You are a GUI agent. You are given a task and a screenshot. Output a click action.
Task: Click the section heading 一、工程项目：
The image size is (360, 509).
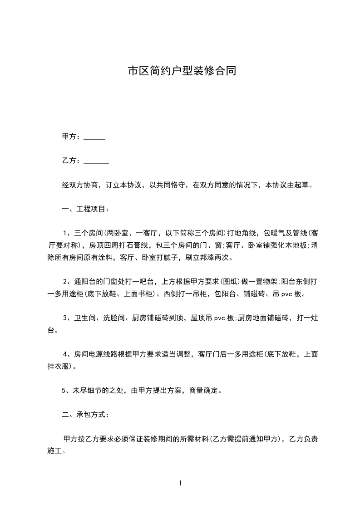point(85,210)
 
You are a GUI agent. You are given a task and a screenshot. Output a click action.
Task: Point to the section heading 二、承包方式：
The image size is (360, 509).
point(85,415)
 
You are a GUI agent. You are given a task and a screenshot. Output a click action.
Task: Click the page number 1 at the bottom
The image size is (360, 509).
point(180,483)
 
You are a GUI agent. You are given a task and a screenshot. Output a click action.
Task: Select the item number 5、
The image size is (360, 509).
point(65,390)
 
